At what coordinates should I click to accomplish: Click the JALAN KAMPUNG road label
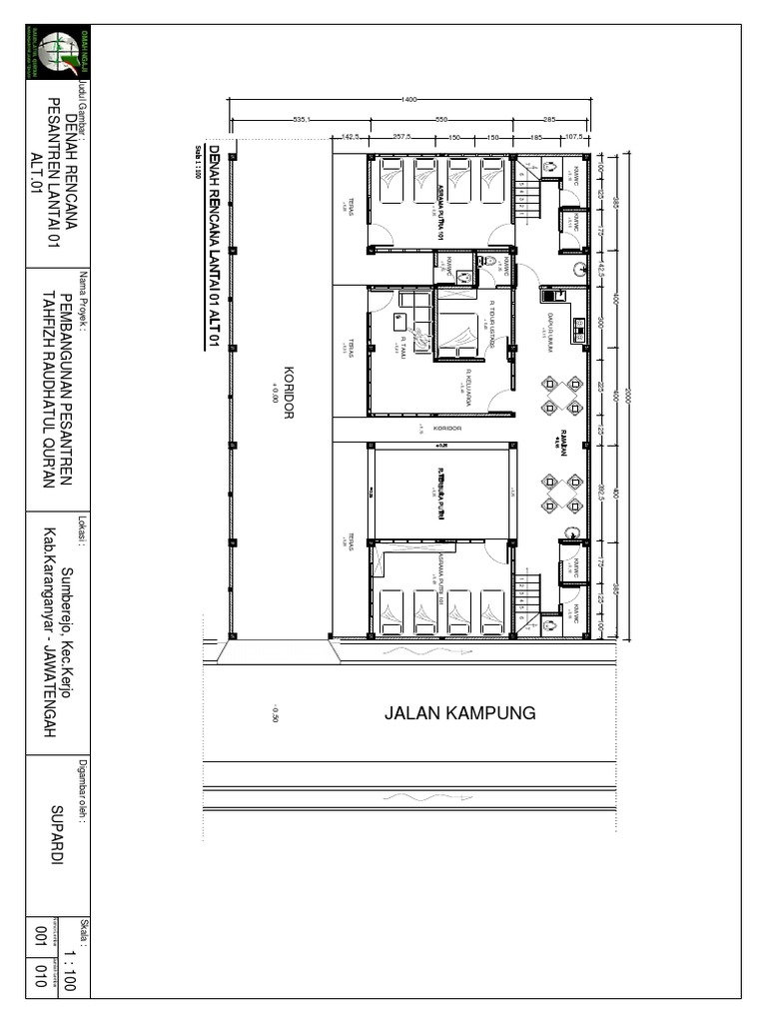pos(460,713)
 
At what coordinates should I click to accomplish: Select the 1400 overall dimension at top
pos(408,99)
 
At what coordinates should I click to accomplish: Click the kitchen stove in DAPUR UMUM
pos(577,326)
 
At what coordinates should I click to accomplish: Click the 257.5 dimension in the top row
pos(402,136)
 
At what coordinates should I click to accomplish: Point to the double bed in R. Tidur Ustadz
pos(458,333)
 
